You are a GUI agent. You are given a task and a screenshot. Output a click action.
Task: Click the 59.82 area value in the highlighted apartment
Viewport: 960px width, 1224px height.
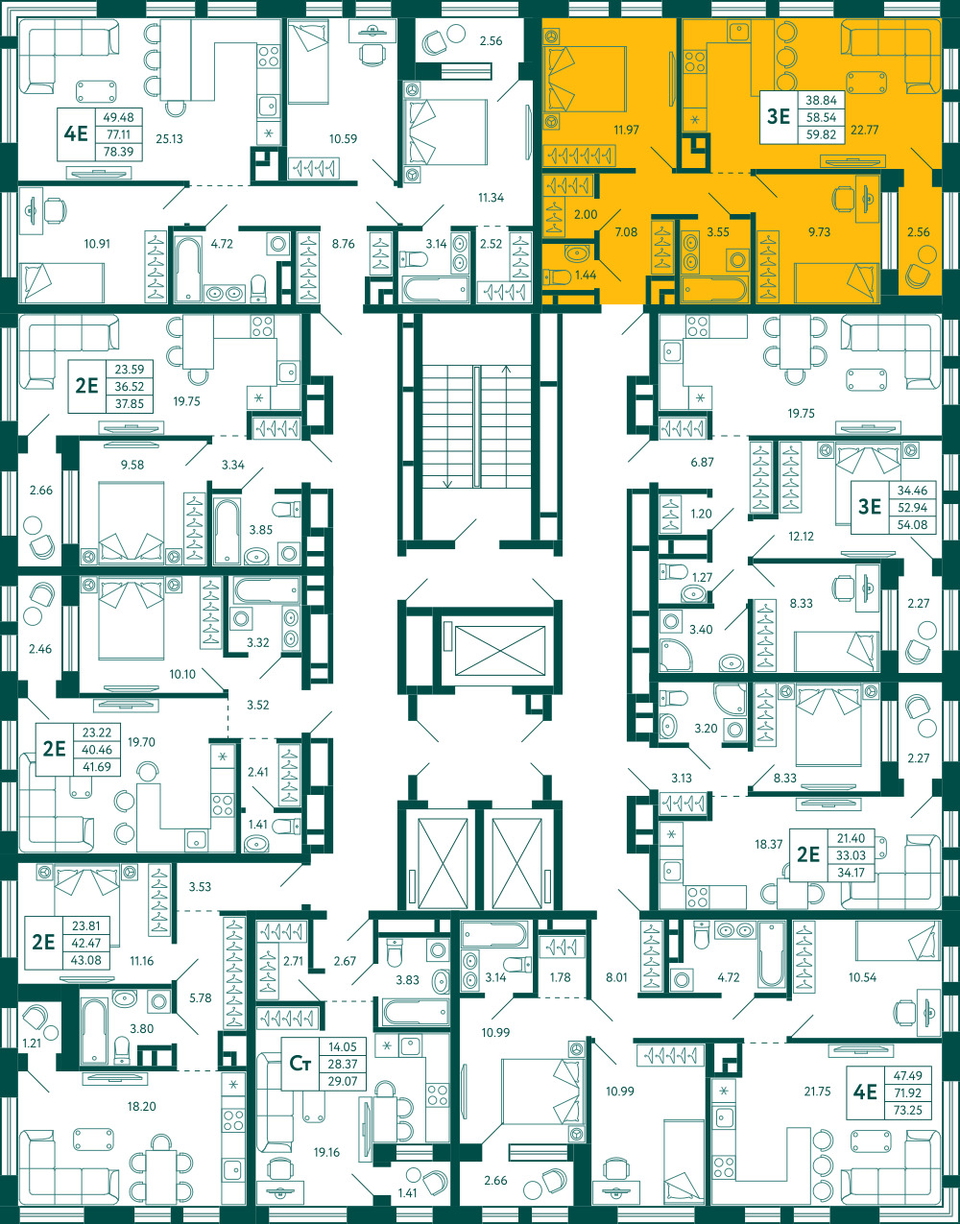[821, 134]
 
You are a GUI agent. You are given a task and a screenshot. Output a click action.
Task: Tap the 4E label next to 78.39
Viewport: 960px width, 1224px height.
[76, 134]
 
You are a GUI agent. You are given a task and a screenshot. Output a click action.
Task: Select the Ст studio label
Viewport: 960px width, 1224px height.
[300, 1063]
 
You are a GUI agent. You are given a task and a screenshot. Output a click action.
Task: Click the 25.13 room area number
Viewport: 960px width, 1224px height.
[170, 138]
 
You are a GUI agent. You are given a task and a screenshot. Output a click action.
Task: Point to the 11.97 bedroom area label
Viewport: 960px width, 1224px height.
[627, 130]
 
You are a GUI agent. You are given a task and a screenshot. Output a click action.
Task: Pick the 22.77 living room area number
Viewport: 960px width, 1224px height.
[865, 130]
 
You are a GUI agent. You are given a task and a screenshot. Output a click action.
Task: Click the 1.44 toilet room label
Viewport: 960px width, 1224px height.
[586, 275]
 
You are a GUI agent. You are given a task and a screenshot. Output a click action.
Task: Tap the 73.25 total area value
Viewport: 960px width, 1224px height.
[907, 1110]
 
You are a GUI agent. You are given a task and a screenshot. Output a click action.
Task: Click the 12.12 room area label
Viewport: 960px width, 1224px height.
[801, 537]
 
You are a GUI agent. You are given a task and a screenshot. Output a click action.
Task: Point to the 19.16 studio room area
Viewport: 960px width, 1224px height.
[326, 1152]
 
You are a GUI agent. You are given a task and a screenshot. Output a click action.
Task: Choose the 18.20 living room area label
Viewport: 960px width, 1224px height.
[141, 1106]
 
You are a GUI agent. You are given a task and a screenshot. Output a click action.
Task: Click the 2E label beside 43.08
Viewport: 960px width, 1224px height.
[43, 942]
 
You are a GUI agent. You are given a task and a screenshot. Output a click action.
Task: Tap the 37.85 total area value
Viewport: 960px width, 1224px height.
[130, 404]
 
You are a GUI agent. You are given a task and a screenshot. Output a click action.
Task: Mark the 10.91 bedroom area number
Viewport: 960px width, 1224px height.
[97, 244]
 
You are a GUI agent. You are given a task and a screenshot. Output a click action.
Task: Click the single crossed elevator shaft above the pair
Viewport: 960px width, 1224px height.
[500, 650]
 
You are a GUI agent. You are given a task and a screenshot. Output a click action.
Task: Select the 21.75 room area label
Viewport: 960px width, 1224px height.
[817, 1092]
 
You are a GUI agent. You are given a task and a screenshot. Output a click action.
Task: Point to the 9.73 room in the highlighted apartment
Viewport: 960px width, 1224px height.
[819, 232]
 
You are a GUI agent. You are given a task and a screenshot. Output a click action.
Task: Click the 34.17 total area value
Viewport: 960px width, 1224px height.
[851, 873]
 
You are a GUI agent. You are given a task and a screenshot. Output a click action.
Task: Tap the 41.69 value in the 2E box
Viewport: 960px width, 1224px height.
[97, 767]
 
